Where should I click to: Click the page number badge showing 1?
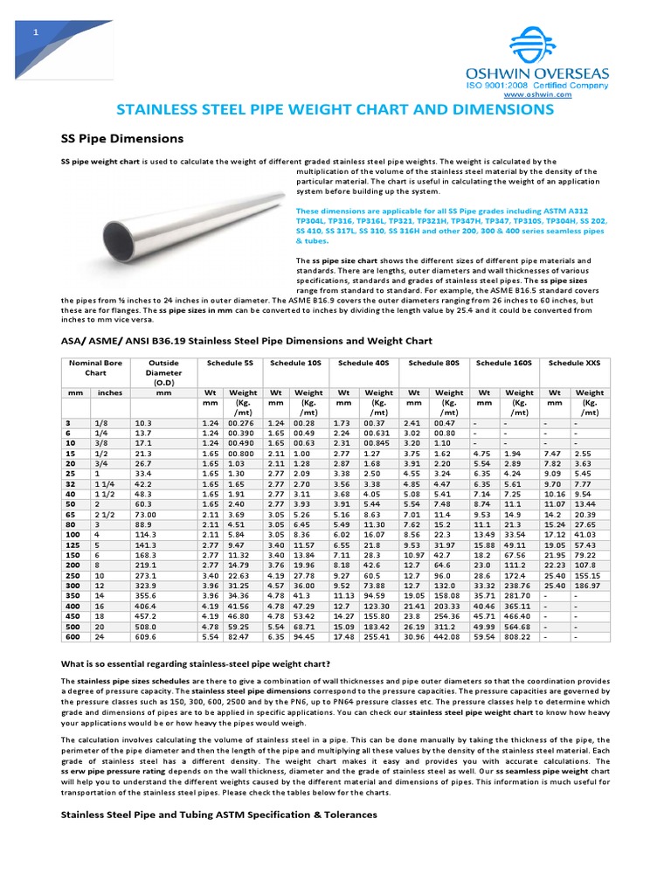36,32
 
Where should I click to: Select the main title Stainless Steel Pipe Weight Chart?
335,110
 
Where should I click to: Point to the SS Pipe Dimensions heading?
121,139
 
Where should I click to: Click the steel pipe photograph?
192,218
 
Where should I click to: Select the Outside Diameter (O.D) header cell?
163,371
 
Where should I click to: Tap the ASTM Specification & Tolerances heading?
218,815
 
